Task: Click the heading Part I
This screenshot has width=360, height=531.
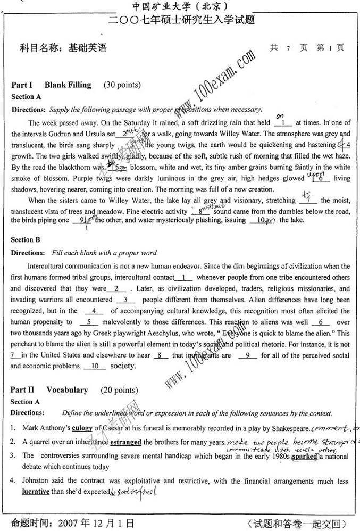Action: point(22,85)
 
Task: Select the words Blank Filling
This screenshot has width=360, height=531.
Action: point(68,85)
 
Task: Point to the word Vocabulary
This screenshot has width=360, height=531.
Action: point(67,390)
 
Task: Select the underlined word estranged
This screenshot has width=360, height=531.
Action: point(126,442)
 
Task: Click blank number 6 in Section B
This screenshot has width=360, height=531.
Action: point(321,322)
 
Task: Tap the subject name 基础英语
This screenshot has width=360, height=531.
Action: point(88,47)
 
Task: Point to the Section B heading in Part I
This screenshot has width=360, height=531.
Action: point(26,240)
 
